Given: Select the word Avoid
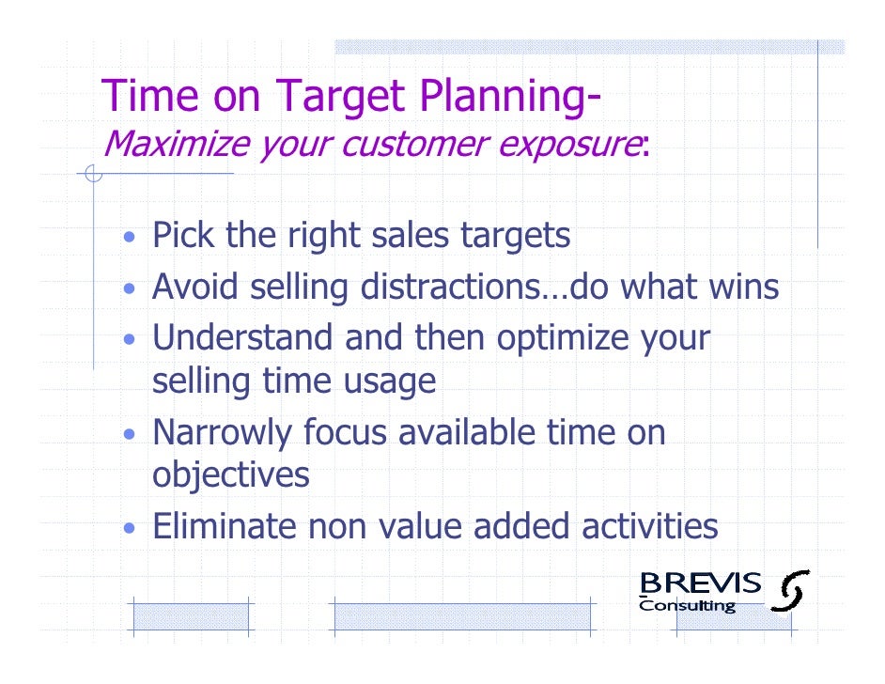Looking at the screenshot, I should coord(194,287).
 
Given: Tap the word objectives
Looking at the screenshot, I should coord(230,475).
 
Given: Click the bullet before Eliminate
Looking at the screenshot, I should coord(132,527).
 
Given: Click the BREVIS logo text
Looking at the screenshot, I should coord(700,583).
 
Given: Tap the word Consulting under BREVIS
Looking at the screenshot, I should coord(687,606).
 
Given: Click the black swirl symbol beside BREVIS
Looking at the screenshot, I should coord(790,591).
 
